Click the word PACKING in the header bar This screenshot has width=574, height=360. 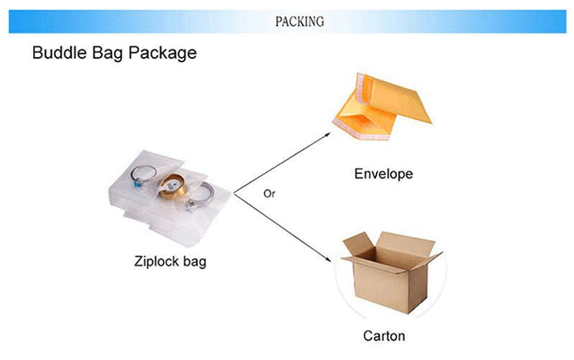[x=300, y=22]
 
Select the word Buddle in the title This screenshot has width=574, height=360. [x=60, y=53]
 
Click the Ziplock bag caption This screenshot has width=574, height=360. [x=170, y=261]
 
